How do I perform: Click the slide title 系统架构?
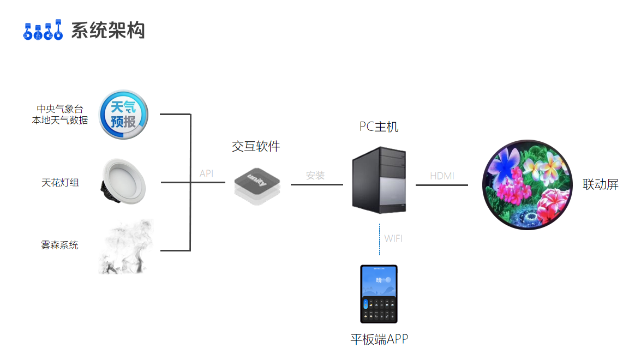pyautogui.click(x=108, y=30)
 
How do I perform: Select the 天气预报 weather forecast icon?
pyautogui.click(x=123, y=115)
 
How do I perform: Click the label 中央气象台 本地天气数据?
pyautogui.click(x=60, y=114)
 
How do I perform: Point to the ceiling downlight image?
pyautogui.click(x=123, y=181)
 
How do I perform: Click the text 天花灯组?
pyautogui.click(x=60, y=183)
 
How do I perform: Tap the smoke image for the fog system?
pyautogui.click(x=125, y=247)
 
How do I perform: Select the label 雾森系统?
pyautogui.click(x=59, y=245)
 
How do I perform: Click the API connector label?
pyautogui.click(x=206, y=173)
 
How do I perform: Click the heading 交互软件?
pyautogui.click(x=256, y=146)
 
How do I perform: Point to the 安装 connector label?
pyautogui.click(x=315, y=175)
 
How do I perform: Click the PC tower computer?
pyautogui.click(x=379, y=181)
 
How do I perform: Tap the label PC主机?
pyautogui.click(x=379, y=127)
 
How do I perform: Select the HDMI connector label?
pyautogui.click(x=442, y=176)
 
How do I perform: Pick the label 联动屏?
pyautogui.click(x=601, y=184)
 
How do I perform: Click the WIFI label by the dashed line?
pyautogui.click(x=393, y=238)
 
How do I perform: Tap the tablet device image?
pyautogui.click(x=379, y=294)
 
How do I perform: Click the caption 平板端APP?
pyautogui.click(x=379, y=339)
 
